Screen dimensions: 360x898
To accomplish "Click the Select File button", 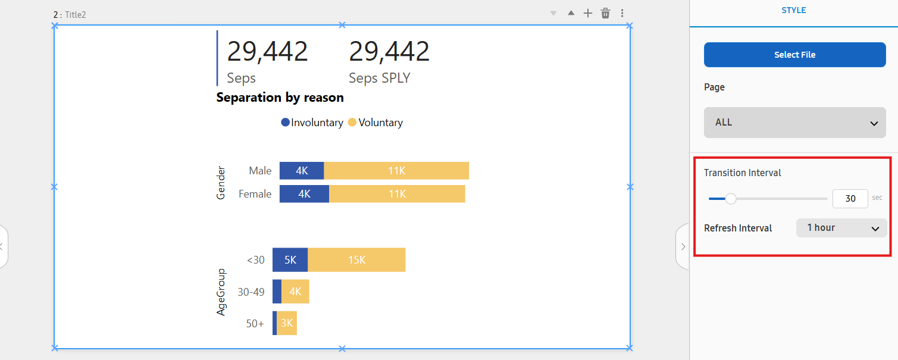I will (794, 55).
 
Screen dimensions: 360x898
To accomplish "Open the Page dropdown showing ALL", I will (794, 123).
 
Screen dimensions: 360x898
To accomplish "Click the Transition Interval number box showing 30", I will (850, 198).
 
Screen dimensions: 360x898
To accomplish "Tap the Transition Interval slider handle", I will (731, 199).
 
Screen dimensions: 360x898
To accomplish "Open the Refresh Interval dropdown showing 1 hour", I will (841, 228).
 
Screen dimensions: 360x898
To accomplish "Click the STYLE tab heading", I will (794, 11).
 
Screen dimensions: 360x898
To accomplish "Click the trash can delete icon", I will (605, 13).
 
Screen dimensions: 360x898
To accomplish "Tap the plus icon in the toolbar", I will (588, 13).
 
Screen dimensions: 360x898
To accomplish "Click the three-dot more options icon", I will (622, 13).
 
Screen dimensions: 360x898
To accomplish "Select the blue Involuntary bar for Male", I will (302, 171).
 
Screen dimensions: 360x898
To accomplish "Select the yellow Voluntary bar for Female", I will (397, 194).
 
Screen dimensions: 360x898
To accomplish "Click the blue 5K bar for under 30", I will (290, 260).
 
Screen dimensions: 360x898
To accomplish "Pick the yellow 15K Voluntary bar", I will (356, 260).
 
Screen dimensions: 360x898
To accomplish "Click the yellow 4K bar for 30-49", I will (295, 292).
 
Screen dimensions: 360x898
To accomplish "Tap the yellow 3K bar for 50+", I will (287, 323).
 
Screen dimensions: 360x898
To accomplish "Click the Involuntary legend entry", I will (312, 123).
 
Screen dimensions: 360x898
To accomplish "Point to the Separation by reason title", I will (280, 98).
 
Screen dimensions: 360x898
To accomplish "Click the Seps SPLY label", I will (379, 78).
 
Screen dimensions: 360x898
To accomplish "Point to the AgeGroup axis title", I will (221, 292).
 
